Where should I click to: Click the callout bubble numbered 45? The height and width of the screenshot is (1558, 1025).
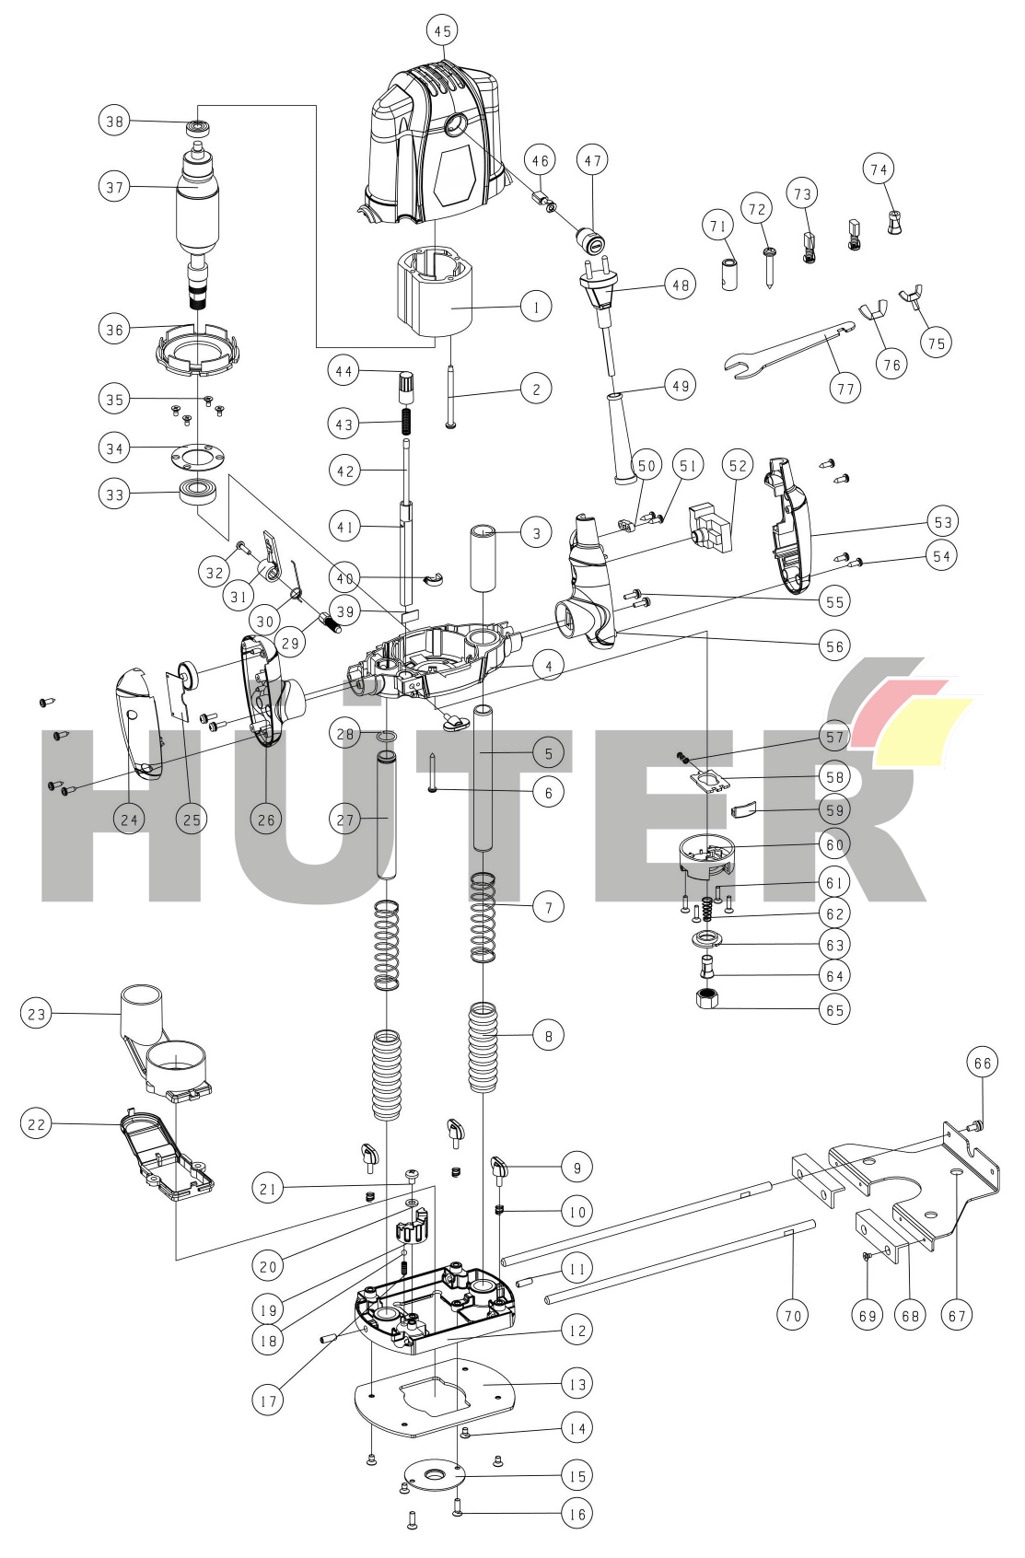click(x=442, y=31)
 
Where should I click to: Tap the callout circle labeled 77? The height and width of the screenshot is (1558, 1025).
click(x=845, y=389)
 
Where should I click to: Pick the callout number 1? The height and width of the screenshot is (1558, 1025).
click(x=537, y=306)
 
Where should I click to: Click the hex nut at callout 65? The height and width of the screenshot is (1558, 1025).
click(x=707, y=998)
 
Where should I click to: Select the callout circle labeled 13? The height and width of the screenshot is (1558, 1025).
click(x=577, y=1383)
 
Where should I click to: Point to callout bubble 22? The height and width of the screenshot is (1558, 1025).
click(x=36, y=1123)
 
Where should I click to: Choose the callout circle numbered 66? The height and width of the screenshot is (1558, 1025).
click(x=983, y=1064)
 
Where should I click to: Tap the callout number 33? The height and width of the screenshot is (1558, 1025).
click(x=114, y=494)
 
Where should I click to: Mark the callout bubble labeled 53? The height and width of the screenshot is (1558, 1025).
click(x=942, y=522)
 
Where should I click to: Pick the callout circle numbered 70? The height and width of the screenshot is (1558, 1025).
click(x=793, y=1315)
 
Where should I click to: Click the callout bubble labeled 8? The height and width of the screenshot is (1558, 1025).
click(x=548, y=1036)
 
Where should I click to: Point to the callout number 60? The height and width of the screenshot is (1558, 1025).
click(x=834, y=844)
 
